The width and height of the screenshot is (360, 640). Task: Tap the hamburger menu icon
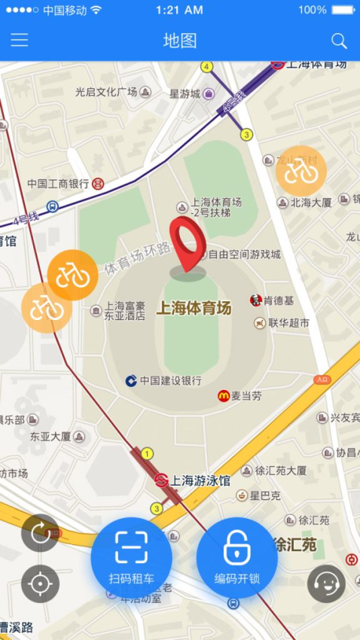pyautogui.click(x=20, y=41)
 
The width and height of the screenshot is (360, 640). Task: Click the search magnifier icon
pyautogui.click(x=339, y=41)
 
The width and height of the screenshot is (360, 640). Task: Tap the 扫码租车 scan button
pyautogui.click(x=131, y=557)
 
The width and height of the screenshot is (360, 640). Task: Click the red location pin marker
pyautogui.click(x=186, y=245)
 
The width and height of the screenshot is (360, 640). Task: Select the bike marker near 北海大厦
pyautogui.click(x=301, y=170)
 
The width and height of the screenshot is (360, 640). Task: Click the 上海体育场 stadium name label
pyautogui.click(x=194, y=308)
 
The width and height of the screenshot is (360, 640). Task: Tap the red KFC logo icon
pyautogui.click(x=256, y=300)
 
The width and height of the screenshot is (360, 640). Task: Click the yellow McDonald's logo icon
pyautogui.click(x=224, y=395)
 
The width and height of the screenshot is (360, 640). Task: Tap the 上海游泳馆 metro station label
pyautogui.click(x=200, y=480)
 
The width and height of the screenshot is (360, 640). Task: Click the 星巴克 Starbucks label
pyautogui.click(x=265, y=495)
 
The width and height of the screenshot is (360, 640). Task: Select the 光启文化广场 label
pyautogui.click(x=105, y=92)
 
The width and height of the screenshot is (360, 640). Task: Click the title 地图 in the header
pyautogui.click(x=180, y=41)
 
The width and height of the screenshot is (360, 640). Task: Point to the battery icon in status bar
pyautogui.click(x=343, y=10)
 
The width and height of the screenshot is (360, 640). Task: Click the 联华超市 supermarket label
pyautogui.click(x=289, y=323)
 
